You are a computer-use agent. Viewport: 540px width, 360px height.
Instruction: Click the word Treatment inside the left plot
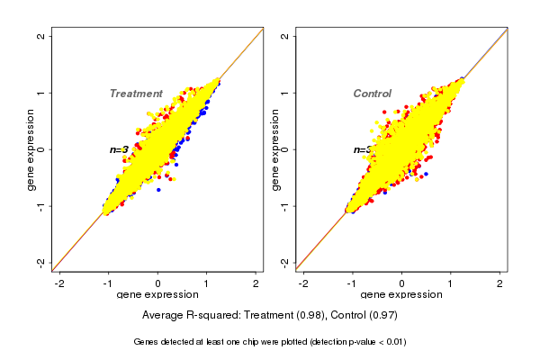(136, 94)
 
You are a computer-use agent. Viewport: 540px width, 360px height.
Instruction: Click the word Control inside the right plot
(372, 94)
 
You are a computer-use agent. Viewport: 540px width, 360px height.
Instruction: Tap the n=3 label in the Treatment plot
(119, 149)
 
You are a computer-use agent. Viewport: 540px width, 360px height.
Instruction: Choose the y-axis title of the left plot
(31, 149)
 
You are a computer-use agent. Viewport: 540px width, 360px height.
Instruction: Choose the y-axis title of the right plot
(275, 149)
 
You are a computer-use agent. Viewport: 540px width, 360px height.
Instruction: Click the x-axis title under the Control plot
(401, 295)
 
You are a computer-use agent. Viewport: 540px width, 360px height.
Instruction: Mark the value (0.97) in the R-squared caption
(382, 316)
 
